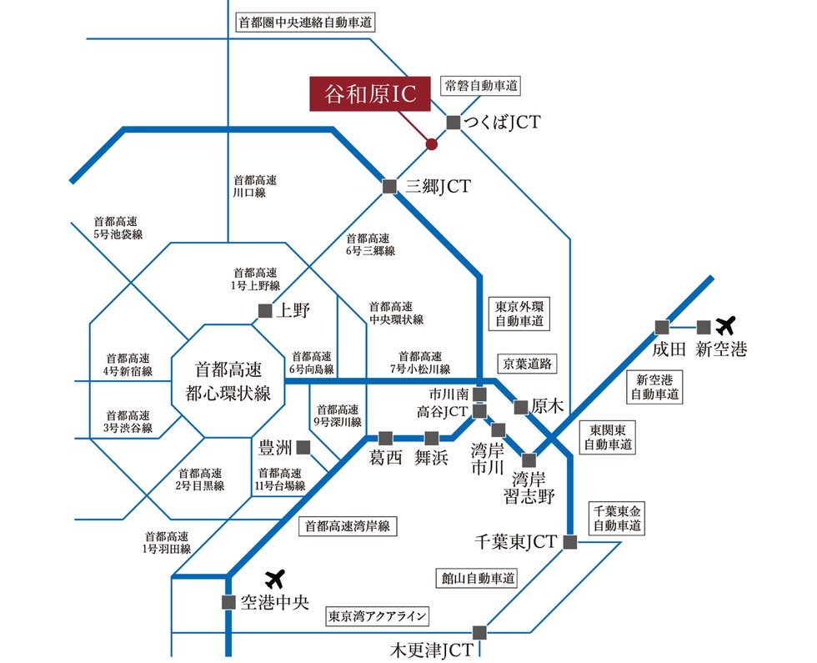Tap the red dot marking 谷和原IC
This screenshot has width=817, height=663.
pos(431,144)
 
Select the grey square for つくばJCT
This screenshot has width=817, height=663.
pos(454,123)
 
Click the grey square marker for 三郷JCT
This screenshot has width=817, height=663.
pos(389,187)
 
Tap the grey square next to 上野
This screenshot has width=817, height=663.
pos(264,311)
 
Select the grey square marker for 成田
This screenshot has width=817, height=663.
pos(662,326)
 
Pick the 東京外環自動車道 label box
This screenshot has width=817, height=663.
pos(519,310)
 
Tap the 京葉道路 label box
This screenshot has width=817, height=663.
pos(528,364)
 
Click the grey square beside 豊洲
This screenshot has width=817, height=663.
pos(303,447)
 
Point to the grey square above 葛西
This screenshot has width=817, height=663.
pos(385,437)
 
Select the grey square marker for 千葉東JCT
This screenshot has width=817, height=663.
pos(570,542)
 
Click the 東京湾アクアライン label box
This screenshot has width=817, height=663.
pos(378,617)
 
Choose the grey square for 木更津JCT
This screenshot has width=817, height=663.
pos(479,632)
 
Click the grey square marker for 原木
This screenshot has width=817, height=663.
pos(521,407)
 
